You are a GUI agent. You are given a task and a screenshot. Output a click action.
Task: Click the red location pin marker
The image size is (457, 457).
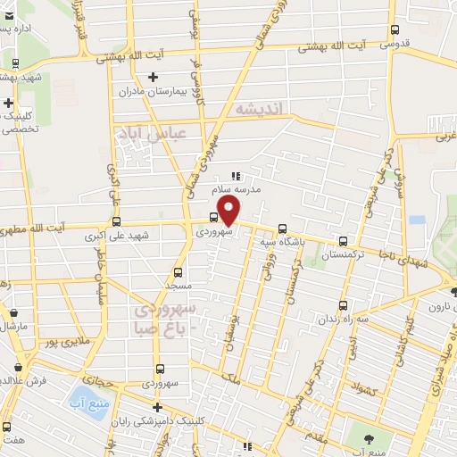229,211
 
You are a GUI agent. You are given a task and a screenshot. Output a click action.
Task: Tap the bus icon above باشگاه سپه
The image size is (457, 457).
283,227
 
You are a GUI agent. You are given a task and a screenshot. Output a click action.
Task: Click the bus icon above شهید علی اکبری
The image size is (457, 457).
116,221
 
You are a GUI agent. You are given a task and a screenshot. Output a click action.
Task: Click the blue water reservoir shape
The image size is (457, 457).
87,397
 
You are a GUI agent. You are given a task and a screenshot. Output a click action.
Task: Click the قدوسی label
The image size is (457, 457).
395,41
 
